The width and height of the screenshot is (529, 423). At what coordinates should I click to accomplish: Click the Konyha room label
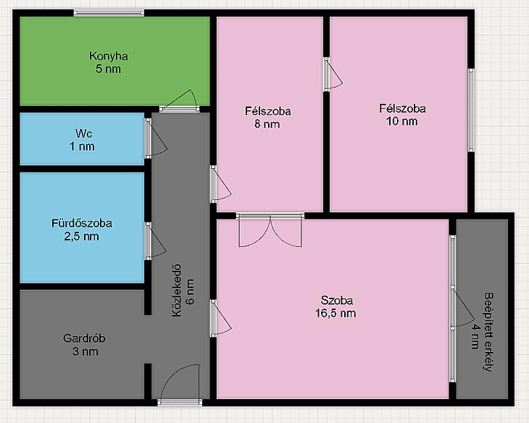[x=108, y=56]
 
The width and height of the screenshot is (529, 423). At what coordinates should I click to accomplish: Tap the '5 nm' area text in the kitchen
[x=108, y=69]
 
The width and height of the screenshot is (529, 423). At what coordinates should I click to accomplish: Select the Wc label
[x=83, y=133]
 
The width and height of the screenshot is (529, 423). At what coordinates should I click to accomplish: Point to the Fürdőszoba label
[x=82, y=223]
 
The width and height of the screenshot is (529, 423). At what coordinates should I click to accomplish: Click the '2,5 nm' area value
[x=82, y=236]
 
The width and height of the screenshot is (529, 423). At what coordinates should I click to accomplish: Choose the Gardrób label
[x=84, y=338]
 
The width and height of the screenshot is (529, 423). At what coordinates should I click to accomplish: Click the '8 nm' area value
[x=267, y=124]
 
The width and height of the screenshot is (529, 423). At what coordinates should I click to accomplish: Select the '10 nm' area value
[x=401, y=121]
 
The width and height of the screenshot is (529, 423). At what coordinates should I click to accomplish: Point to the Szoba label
[x=337, y=300]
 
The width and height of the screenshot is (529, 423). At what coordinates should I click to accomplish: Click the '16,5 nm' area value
[x=336, y=313]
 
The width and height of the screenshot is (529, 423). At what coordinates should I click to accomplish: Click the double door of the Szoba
[x=270, y=230]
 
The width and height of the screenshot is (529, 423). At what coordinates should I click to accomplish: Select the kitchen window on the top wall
[x=109, y=13]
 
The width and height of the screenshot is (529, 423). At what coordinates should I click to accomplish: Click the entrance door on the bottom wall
[x=180, y=385]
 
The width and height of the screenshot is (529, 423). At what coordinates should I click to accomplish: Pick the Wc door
[x=156, y=138]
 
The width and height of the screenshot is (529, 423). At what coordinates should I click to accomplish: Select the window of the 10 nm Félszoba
[x=471, y=110]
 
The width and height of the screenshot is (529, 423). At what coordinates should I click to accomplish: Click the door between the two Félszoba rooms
[x=333, y=74]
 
